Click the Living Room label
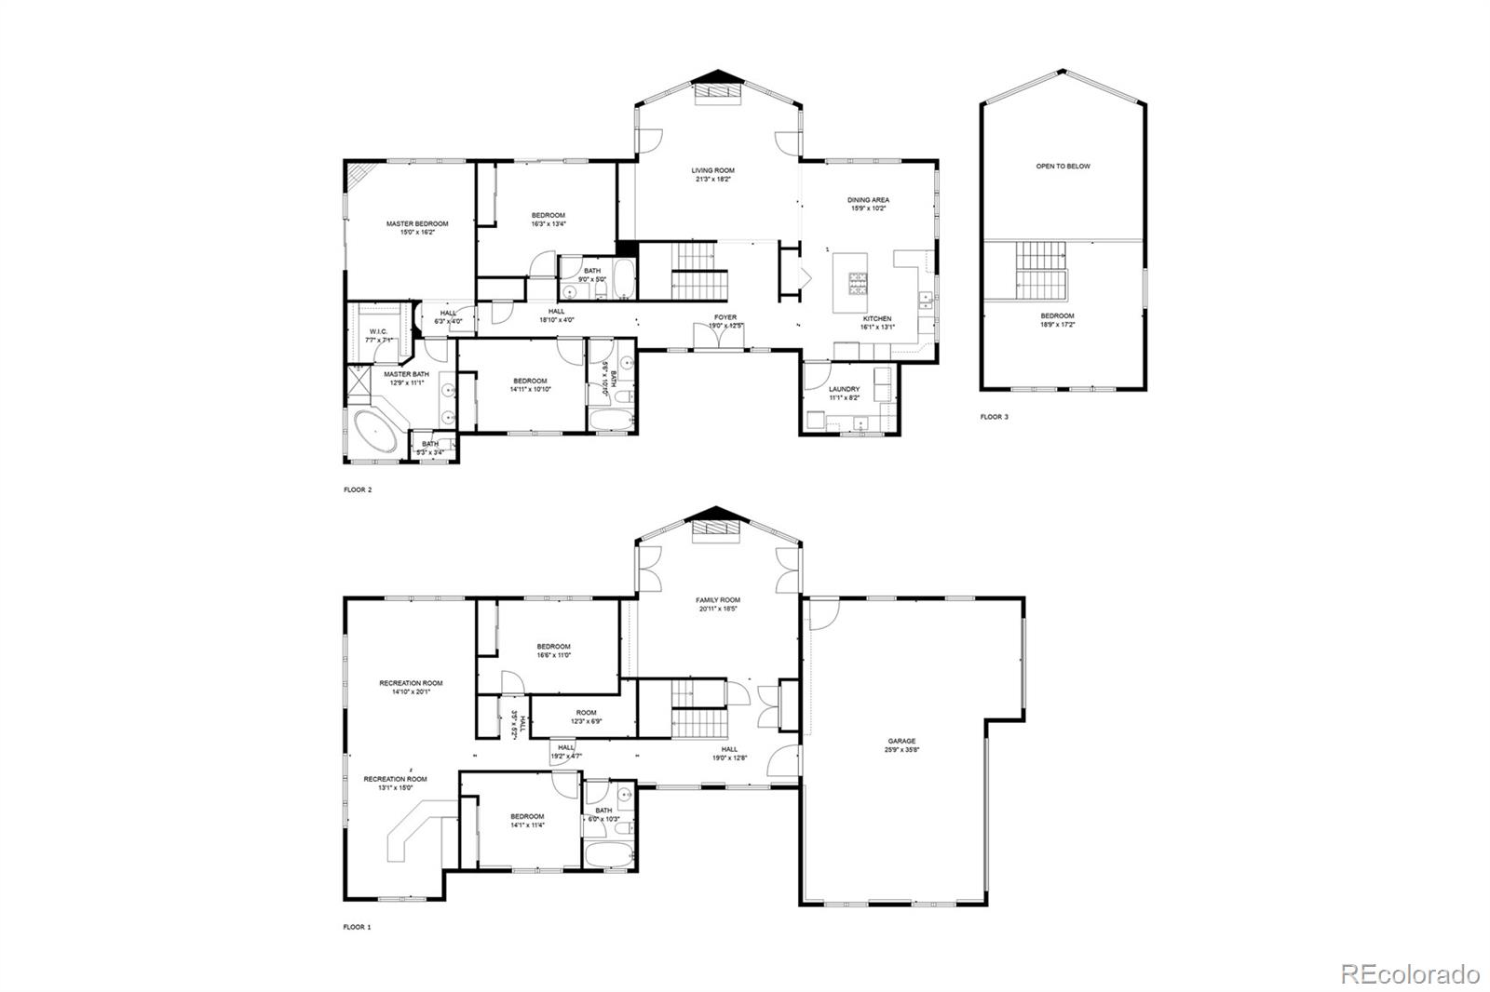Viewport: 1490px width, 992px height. (x=712, y=171)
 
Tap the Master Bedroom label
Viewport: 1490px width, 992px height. (x=417, y=224)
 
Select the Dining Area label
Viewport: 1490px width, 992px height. (x=868, y=200)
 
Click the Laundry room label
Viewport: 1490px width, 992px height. (x=844, y=389)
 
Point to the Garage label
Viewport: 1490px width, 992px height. (x=901, y=742)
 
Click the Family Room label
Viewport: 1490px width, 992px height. (x=718, y=600)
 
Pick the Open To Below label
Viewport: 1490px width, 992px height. (x=1063, y=167)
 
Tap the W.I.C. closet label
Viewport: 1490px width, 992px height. (x=378, y=331)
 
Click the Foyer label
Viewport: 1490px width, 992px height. (x=725, y=317)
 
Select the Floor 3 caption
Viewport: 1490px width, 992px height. (x=994, y=417)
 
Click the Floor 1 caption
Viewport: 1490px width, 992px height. (x=357, y=927)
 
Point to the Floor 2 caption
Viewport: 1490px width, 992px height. (x=358, y=489)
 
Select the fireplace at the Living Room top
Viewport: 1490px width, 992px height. (x=716, y=90)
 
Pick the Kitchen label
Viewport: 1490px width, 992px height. (x=877, y=319)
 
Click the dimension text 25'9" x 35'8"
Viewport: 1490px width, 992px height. (x=901, y=750)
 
